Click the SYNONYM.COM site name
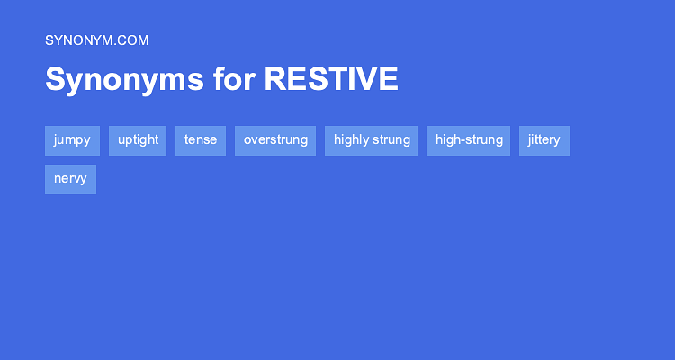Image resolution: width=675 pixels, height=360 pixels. (96, 40)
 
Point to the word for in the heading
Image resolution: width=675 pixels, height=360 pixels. (234, 79)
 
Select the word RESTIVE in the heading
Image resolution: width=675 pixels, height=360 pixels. (331, 79)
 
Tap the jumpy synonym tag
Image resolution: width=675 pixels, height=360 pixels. (72, 140)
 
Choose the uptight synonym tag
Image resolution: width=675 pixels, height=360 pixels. (138, 140)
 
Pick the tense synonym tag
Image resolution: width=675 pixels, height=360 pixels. (201, 140)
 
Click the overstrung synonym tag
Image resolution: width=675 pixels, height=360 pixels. (275, 140)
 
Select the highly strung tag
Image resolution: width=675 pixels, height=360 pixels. (372, 140)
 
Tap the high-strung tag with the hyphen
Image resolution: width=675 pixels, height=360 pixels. (469, 140)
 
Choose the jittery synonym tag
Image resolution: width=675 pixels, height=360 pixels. (544, 140)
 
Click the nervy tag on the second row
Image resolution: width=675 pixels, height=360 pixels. (70, 179)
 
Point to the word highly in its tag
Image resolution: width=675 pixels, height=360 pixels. (352, 140)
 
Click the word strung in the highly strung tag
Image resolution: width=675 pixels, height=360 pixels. (392, 140)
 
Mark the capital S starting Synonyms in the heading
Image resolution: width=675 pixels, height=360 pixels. (55, 79)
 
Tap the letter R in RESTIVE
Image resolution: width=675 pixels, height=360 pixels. (274, 79)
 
